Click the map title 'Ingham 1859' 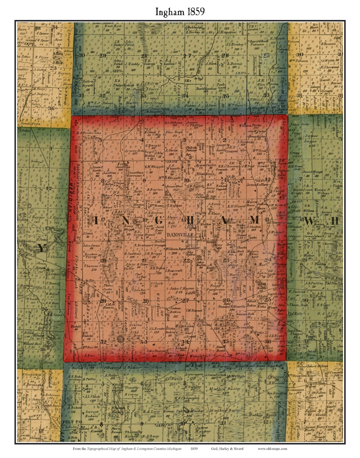point(180,12)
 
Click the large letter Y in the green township point(41,247)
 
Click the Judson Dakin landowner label point(175,310)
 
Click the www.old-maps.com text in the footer point(272,448)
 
